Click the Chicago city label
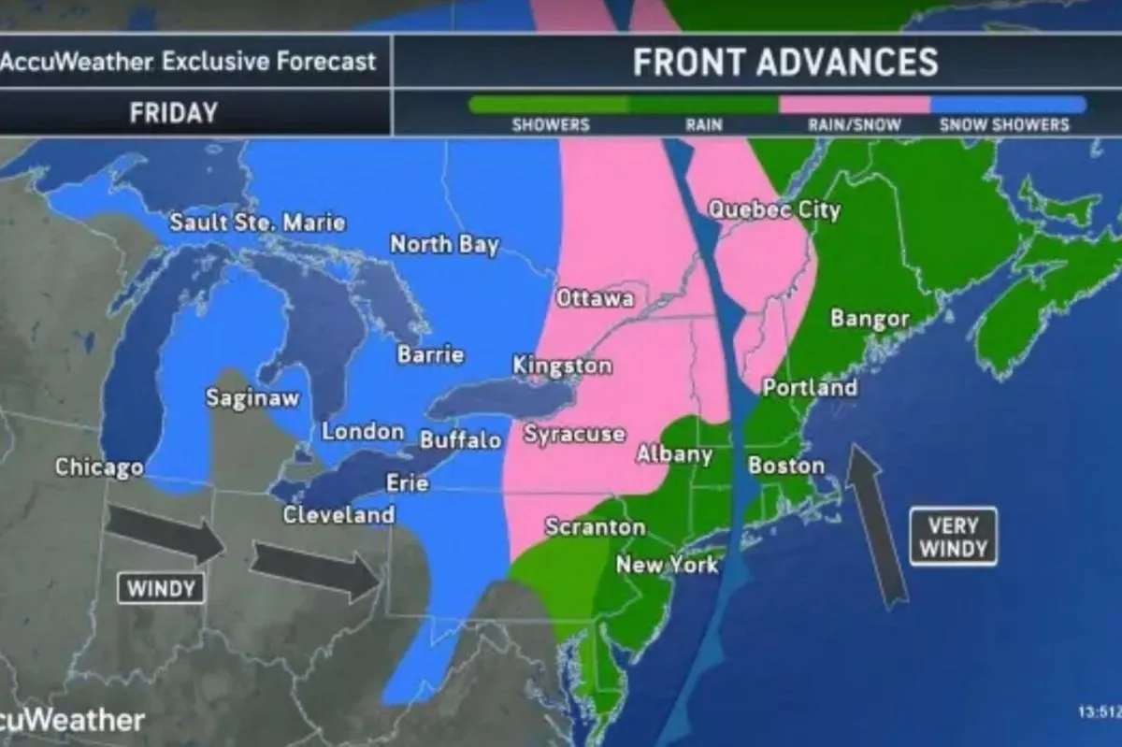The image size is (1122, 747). [x=99, y=467]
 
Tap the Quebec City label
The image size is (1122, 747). [x=774, y=209]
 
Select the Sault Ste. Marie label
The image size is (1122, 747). [x=257, y=223]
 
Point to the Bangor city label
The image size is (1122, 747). [x=870, y=319]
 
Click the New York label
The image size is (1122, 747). [x=667, y=565]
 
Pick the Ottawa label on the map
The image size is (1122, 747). [x=595, y=299]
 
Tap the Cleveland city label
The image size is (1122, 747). [x=338, y=515]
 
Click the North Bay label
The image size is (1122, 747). [x=444, y=245]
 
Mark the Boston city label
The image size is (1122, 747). [x=786, y=465]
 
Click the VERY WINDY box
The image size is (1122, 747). [x=953, y=537]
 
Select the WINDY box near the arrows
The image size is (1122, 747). [x=161, y=588]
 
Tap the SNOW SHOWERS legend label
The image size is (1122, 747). [x=1003, y=125]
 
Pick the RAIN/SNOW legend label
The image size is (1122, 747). [x=854, y=125]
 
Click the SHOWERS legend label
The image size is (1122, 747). [x=551, y=125]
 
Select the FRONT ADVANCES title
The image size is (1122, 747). [x=784, y=62]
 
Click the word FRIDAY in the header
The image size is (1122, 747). [x=173, y=113]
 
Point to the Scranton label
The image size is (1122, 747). [x=595, y=527]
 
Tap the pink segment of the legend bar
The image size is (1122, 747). [x=854, y=105]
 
